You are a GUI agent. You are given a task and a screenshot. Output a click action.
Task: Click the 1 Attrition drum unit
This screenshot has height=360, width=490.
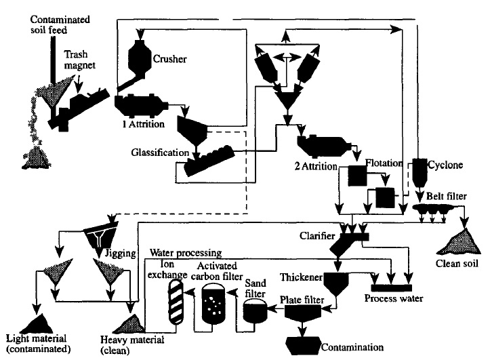[x=140, y=106]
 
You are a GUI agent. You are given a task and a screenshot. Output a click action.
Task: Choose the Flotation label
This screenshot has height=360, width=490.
[x=385, y=163]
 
